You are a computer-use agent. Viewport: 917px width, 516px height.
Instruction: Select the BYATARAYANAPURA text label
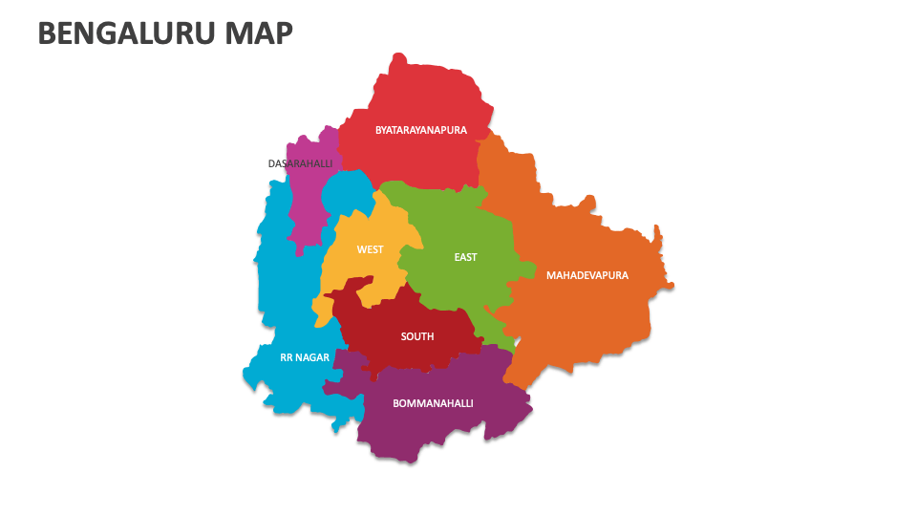(x=420, y=130)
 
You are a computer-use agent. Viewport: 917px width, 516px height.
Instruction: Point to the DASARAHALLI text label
(x=300, y=164)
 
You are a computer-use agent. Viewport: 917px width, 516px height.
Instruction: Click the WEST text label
(x=370, y=249)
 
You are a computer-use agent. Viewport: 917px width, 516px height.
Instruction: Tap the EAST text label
(x=465, y=257)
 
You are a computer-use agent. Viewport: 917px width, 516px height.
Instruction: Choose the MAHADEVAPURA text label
(x=586, y=275)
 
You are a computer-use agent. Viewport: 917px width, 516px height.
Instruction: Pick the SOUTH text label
(x=417, y=336)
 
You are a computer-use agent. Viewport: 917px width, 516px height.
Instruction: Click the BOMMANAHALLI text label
(x=433, y=403)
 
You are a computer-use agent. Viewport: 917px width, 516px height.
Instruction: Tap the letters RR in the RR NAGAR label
(x=287, y=357)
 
